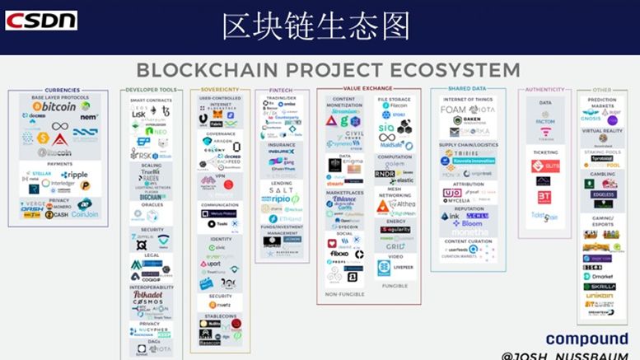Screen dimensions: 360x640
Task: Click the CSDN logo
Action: click(x=41, y=20)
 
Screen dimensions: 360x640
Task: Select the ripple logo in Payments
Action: click(x=73, y=175)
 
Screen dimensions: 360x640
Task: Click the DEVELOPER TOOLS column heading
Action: click(x=150, y=89)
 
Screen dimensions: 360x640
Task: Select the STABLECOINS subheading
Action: click(x=220, y=316)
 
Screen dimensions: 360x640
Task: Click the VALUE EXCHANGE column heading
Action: click(x=368, y=89)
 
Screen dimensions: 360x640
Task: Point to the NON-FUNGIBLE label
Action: click(x=344, y=294)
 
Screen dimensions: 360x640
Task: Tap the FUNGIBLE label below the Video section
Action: click(x=395, y=286)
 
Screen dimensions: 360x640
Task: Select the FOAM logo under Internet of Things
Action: click(x=455, y=109)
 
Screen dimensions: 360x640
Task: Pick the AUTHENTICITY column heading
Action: click(x=544, y=89)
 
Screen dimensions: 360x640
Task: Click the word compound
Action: click(x=587, y=339)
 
